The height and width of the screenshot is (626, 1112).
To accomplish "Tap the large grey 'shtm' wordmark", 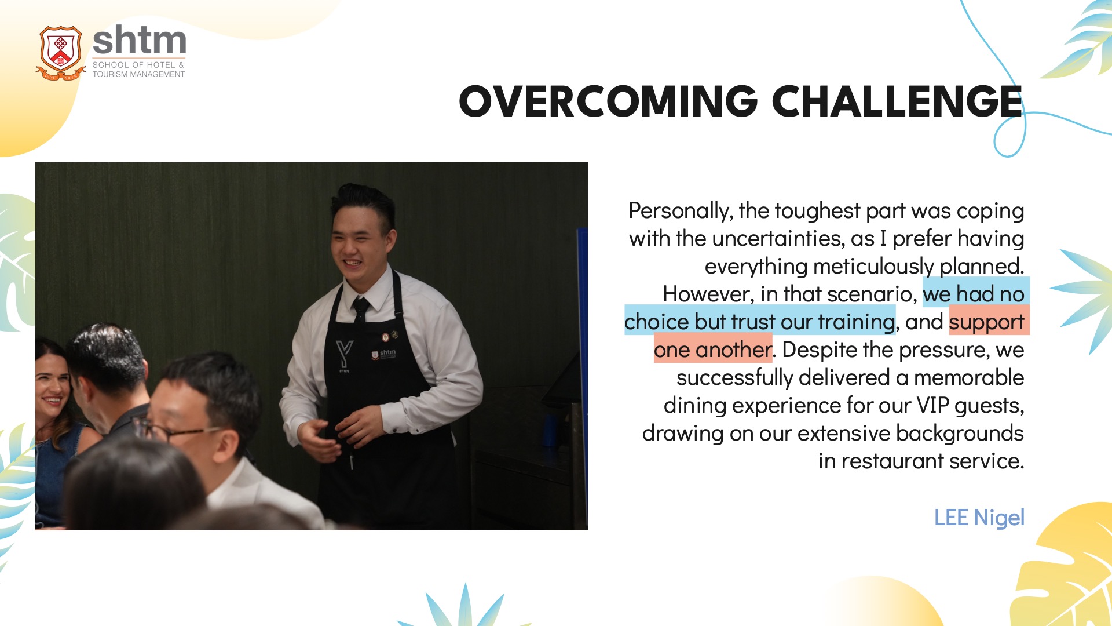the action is click(140, 41).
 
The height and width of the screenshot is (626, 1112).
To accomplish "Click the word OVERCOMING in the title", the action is click(608, 101).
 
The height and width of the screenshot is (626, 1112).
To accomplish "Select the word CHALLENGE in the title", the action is click(897, 101).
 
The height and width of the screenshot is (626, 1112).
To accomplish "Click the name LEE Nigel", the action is click(979, 517).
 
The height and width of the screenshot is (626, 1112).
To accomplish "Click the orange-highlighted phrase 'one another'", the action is click(713, 350).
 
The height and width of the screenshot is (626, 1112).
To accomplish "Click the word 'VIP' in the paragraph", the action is click(932, 406).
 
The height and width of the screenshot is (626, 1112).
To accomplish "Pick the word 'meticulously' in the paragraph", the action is click(873, 267).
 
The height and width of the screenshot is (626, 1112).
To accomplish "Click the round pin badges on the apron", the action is click(389, 336).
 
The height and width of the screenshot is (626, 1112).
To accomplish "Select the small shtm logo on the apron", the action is click(383, 354).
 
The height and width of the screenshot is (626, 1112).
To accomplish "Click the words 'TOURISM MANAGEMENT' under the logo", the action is click(138, 74).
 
